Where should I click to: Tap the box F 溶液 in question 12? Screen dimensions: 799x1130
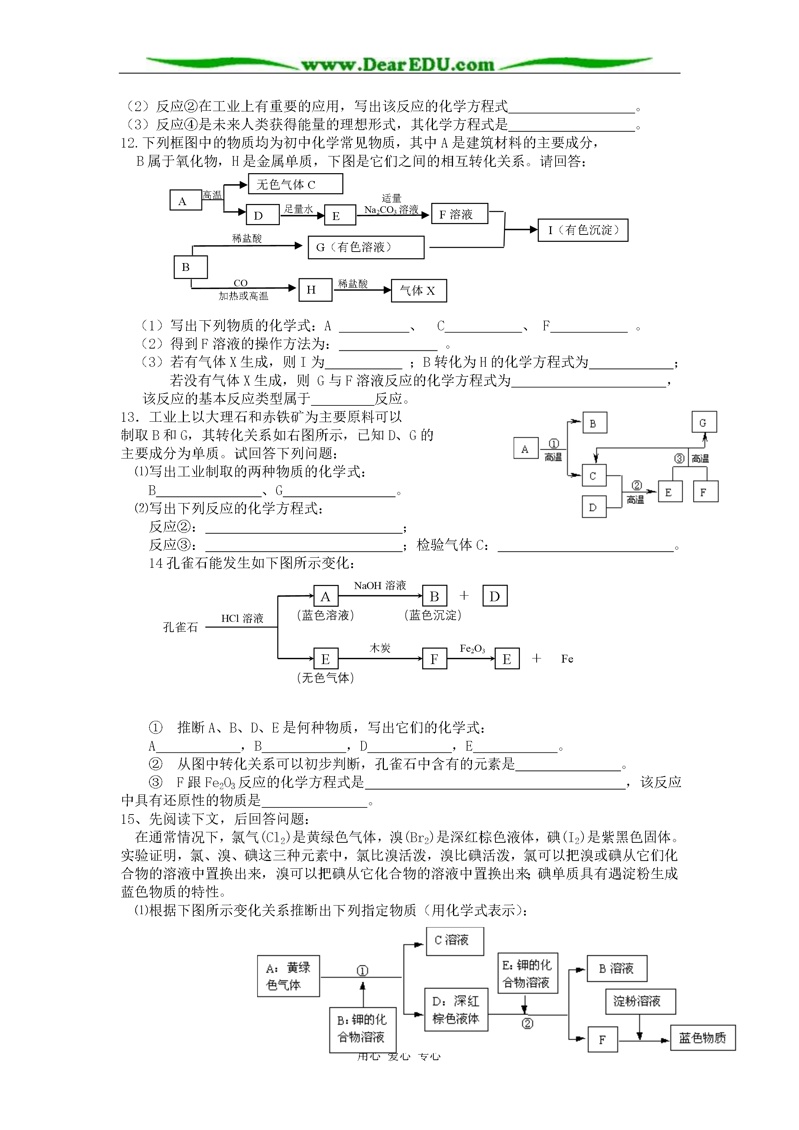click(x=460, y=214)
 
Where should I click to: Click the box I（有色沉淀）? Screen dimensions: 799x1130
click(x=583, y=230)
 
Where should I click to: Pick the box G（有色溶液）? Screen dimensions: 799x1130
click(x=366, y=247)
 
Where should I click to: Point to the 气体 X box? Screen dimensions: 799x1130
click(x=419, y=290)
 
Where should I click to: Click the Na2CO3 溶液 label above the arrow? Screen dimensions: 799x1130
click(x=391, y=210)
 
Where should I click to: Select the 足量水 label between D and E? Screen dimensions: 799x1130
click(x=298, y=209)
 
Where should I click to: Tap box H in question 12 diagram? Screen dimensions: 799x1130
click(x=316, y=290)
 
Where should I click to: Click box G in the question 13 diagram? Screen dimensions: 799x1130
click(x=704, y=422)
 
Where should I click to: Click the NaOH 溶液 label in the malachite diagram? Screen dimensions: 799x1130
click(x=380, y=585)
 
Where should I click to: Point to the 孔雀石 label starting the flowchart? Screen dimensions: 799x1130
click(x=181, y=626)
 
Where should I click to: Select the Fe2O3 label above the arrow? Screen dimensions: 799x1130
click(x=472, y=649)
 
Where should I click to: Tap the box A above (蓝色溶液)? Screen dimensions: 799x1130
click(x=326, y=596)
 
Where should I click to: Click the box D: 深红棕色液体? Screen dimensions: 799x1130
click(x=456, y=1010)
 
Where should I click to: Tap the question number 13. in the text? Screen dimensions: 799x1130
click(x=130, y=417)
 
